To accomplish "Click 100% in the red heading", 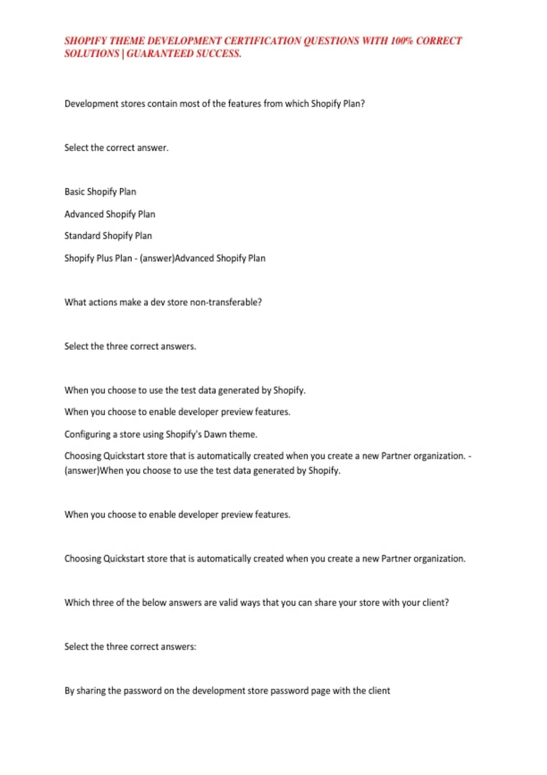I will coord(401,41).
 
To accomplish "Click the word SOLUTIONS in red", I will coord(92,54).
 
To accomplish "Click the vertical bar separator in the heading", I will coord(123,54).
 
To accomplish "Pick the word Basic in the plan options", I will coord(74,192).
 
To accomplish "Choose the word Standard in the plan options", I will coord(82,236).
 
